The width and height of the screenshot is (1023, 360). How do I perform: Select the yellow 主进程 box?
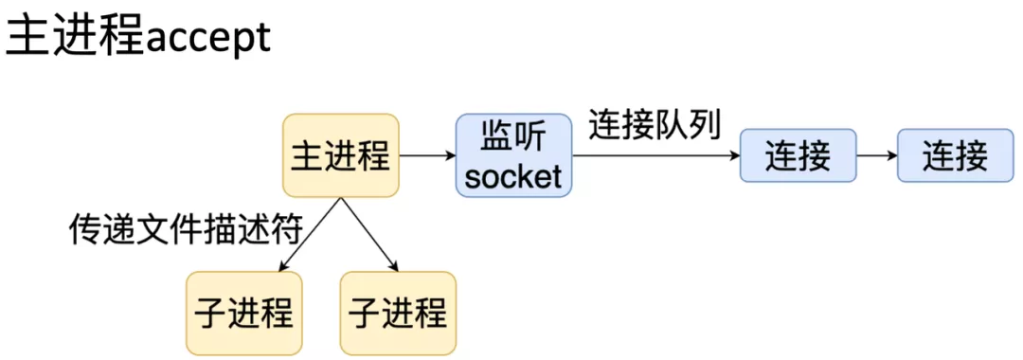point(341,156)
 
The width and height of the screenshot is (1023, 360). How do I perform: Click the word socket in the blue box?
point(514,175)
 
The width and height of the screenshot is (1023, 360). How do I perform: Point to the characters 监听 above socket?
point(514,137)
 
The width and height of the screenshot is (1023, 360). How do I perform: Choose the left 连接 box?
point(798,156)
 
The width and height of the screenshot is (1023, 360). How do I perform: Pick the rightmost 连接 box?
point(956,156)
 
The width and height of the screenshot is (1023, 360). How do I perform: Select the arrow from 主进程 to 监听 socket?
point(427,156)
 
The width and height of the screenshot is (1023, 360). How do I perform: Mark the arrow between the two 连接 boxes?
point(876,156)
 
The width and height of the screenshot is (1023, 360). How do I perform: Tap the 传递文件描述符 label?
point(186,229)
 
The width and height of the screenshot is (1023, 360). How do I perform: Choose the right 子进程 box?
point(398,313)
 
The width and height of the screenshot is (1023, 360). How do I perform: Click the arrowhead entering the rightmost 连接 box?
point(891,156)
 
